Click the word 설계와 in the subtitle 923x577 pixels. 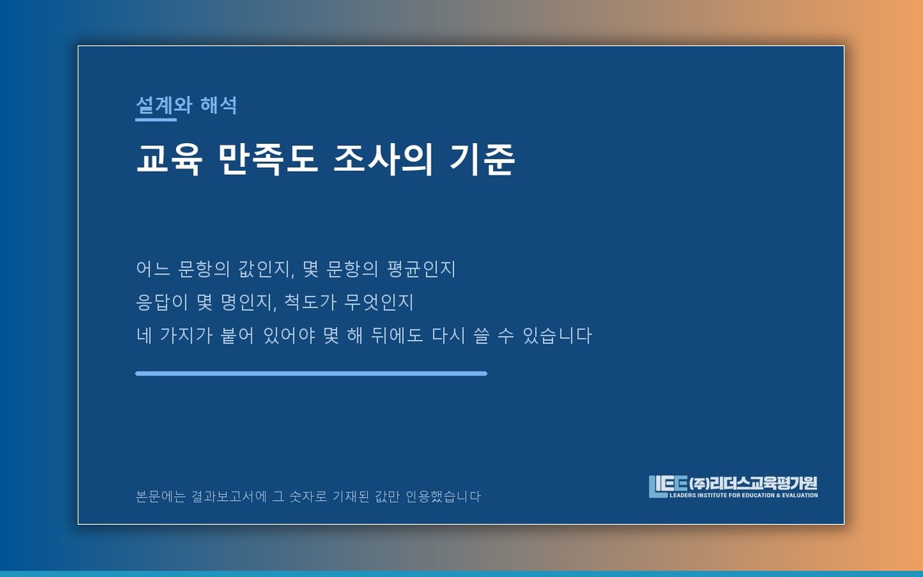click(164, 105)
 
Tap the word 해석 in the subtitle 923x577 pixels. click(218, 105)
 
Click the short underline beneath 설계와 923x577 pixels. click(155, 120)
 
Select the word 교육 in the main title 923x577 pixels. click(169, 159)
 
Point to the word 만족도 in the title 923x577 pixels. click(268, 159)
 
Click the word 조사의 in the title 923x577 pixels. click(383, 159)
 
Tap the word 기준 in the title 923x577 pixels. click(482, 159)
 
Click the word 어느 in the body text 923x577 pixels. click(153, 268)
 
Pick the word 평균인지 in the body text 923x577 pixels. click(422, 269)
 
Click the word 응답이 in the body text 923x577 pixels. click(162, 302)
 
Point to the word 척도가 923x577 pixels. click(310, 302)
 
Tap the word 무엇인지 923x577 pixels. click(378, 302)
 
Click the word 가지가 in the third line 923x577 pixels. click(186, 335)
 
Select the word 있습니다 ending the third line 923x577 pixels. click(557, 335)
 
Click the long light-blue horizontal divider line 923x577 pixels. click(311, 373)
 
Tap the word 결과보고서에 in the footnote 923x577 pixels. click(229, 496)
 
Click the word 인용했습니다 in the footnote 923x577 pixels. click(443, 496)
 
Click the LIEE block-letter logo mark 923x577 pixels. click(668, 486)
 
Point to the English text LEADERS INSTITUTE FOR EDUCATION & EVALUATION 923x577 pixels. click(744, 495)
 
